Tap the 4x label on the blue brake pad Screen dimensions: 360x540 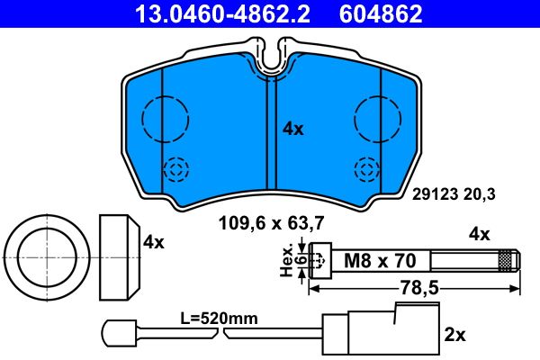click(293, 129)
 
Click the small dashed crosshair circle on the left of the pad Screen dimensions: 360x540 click(177, 169)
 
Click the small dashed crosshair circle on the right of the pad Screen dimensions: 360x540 click(366, 169)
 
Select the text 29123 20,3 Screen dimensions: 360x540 click(454, 192)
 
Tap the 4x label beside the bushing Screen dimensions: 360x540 click(154, 241)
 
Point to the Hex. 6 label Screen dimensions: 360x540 click(290, 261)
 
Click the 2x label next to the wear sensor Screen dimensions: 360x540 click(455, 335)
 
